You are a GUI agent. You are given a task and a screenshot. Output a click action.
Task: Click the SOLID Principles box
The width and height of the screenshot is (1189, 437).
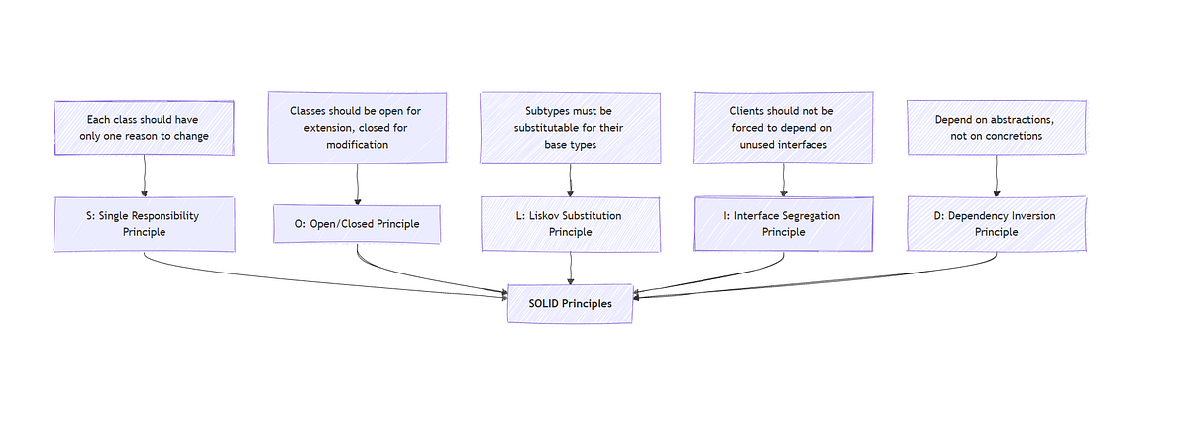570,303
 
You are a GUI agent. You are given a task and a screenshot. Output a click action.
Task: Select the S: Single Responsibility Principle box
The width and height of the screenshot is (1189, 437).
145,223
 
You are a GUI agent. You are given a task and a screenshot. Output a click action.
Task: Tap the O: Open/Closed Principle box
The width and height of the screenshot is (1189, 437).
357,224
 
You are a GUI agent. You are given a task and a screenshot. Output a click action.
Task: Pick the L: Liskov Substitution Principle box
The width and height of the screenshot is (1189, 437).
570,223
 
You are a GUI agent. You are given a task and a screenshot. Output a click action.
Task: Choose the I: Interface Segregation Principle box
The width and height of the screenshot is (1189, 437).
784,223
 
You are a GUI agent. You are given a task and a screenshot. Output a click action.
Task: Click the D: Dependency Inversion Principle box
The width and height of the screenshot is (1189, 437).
996,223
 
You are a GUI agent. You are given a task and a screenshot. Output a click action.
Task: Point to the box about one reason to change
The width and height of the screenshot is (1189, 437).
145,128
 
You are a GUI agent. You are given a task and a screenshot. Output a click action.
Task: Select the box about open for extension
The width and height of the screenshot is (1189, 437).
357,128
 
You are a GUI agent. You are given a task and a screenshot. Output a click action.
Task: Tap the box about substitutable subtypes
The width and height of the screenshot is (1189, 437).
570,128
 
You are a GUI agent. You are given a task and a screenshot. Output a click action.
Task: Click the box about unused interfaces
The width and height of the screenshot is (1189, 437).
784,128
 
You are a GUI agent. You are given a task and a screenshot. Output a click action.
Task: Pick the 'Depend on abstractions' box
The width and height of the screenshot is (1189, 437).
996,128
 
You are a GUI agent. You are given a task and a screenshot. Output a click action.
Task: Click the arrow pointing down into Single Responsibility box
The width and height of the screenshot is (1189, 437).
145,176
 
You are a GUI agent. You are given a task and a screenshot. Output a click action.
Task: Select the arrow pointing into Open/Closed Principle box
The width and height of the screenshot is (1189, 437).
357,184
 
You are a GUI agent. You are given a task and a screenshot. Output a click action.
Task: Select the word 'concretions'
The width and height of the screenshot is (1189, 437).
1010,136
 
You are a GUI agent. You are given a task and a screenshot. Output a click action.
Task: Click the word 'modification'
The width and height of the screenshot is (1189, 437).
358,145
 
